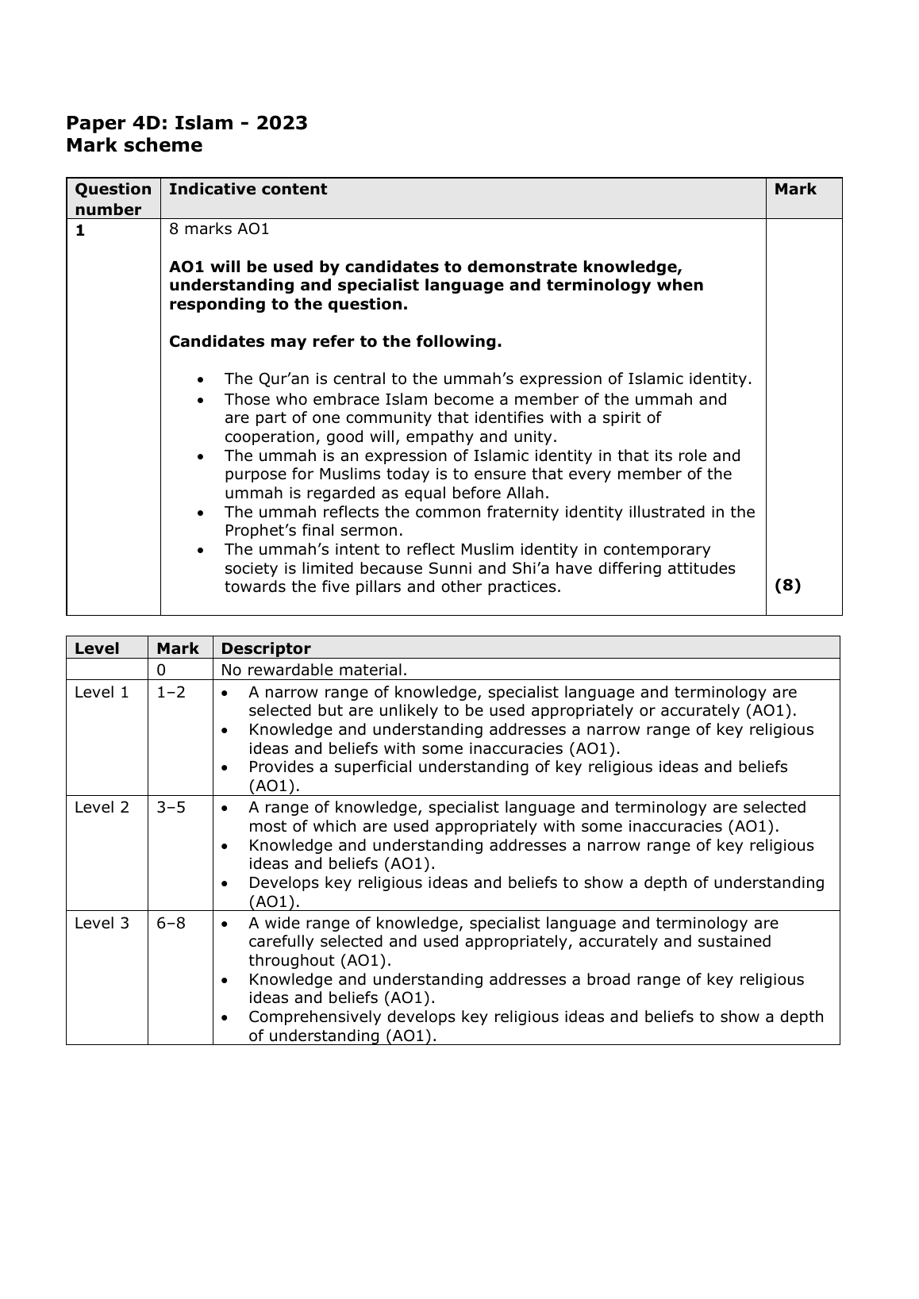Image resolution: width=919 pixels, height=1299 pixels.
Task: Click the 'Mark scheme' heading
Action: (134, 145)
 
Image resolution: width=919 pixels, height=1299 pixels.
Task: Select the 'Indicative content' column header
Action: (248, 189)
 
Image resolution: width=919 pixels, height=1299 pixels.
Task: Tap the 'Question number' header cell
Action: (113, 199)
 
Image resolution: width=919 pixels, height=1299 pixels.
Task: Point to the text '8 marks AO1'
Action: (219, 229)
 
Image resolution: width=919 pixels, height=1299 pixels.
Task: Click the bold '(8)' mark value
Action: (787, 586)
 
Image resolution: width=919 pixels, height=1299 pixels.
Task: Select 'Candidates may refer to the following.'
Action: (335, 342)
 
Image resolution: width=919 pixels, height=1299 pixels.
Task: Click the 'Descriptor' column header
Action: (266, 648)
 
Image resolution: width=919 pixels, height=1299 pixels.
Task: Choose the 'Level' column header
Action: (97, 648)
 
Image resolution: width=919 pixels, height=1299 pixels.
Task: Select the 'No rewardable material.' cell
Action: (314, 670)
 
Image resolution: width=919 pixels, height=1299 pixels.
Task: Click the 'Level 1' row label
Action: (102, 692)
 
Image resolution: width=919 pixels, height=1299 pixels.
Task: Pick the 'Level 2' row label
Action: (102, 807)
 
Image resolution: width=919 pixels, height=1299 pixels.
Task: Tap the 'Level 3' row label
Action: (102, 923)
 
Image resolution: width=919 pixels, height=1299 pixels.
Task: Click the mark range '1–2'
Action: (171, 692)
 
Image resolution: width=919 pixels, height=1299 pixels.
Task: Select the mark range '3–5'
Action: (171, 807)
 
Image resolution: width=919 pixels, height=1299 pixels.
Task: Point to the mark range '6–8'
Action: (171, 923)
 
